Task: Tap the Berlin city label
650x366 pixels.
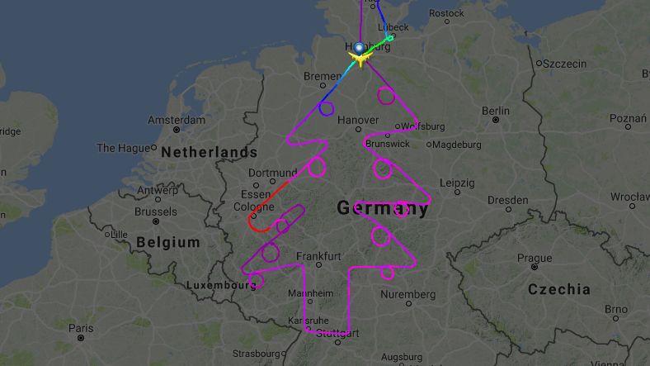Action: (x=496, y=111)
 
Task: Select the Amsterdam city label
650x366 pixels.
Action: (x=176, y=120)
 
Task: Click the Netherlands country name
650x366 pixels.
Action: (x=209, y=152)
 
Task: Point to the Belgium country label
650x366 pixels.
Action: (x=168, y=242)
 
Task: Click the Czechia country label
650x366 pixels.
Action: (x=558, y=289)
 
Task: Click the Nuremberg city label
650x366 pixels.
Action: (x=408, y=295)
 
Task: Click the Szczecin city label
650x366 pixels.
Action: (x=564, y=63)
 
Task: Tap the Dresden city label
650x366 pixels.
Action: (x=506, y=200)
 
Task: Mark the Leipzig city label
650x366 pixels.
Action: (x=457, y=182)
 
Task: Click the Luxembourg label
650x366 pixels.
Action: (x=221, y=285)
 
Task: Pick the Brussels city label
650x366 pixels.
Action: (x=155, y=212)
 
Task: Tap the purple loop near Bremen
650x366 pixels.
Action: (x=327, y=108)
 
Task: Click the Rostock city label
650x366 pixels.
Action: (x=447, y=13)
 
